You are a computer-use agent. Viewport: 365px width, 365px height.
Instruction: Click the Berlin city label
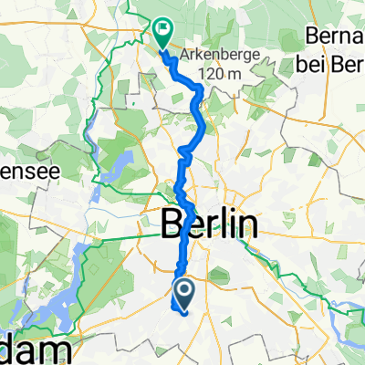209,223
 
